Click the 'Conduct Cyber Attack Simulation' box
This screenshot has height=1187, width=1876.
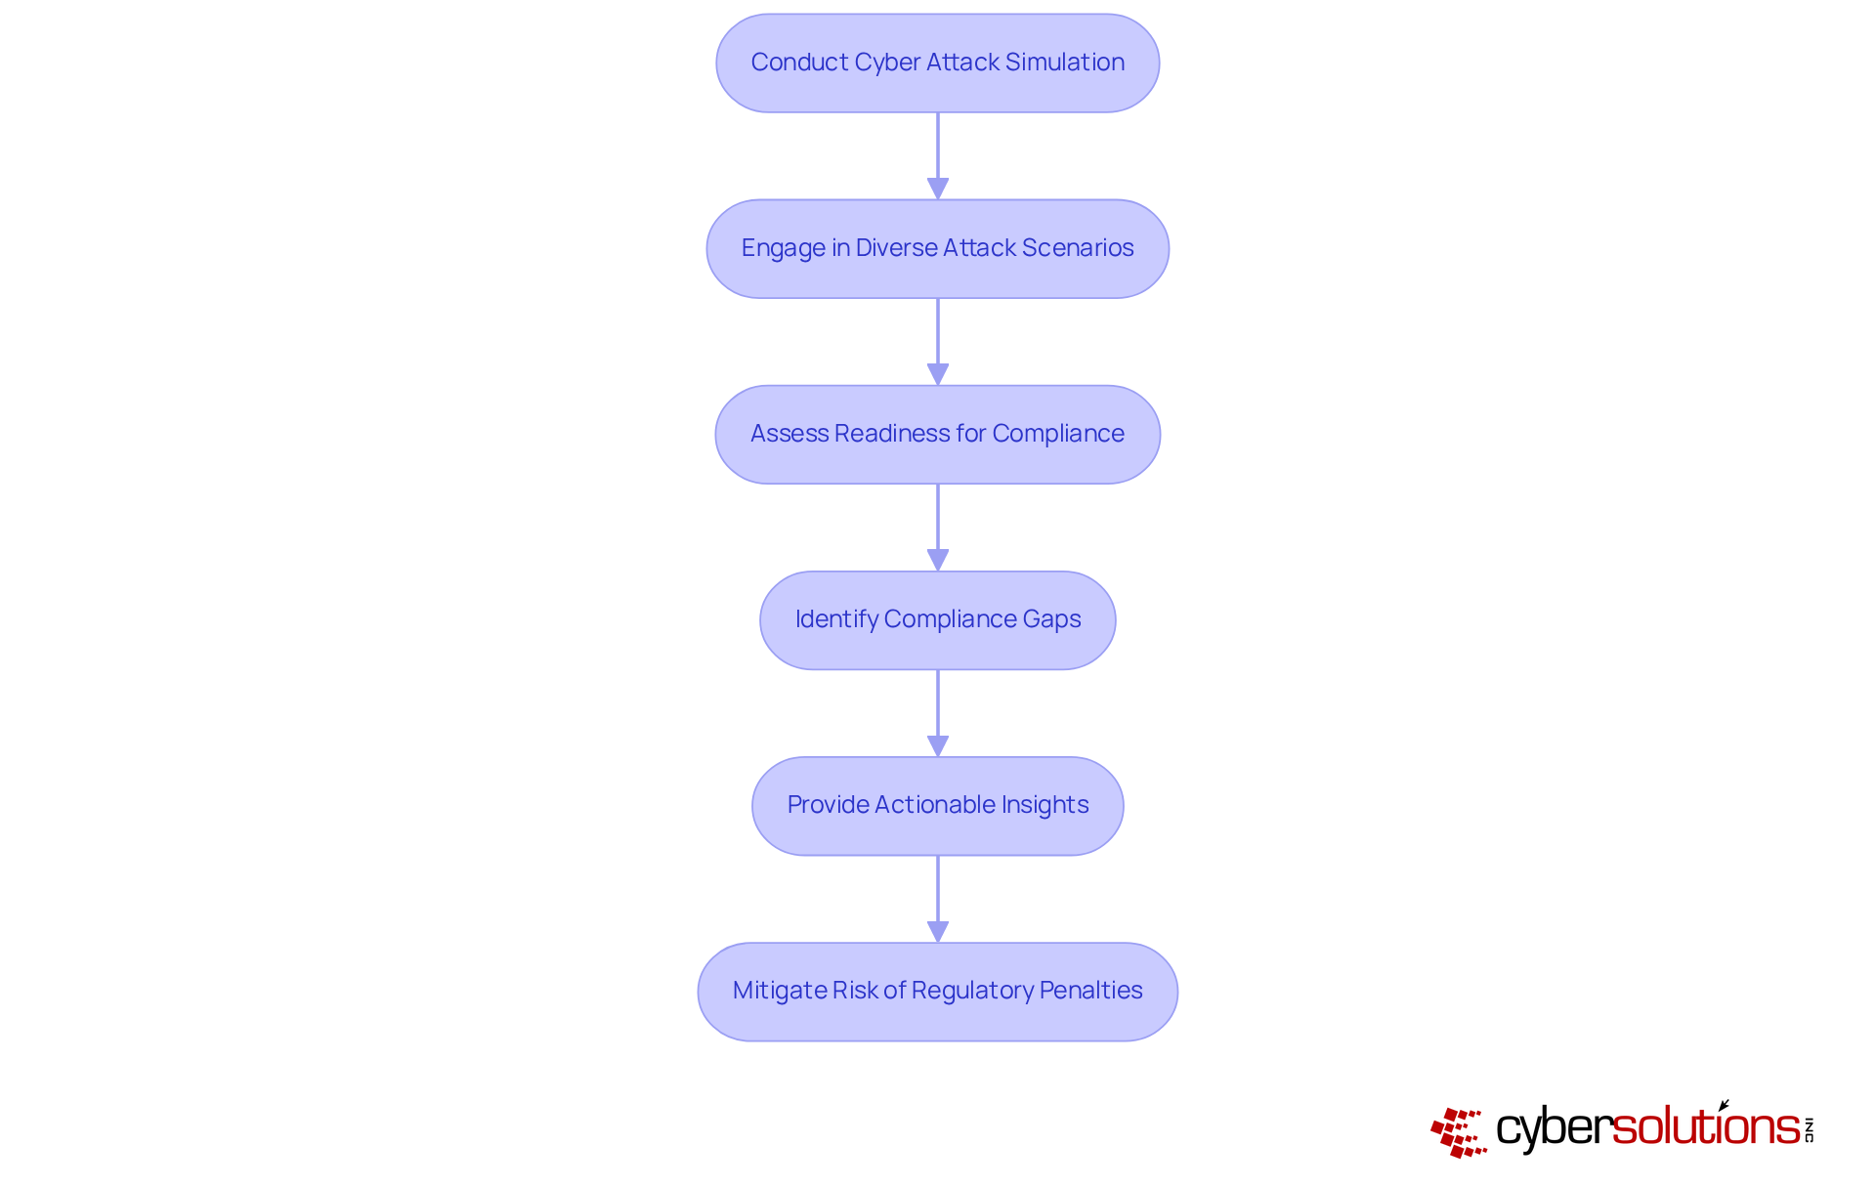937,63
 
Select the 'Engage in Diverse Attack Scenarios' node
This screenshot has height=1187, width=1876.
937,248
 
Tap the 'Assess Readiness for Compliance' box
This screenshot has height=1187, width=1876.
937,434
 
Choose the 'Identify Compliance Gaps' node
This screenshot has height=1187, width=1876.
937,619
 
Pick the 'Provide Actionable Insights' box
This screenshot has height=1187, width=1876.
937,805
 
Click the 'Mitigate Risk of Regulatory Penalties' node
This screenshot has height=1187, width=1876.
937,991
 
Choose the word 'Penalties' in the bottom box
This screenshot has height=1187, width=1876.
1090,991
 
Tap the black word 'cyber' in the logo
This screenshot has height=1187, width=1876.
1554,1129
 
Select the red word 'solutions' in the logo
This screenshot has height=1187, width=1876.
1706,1127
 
